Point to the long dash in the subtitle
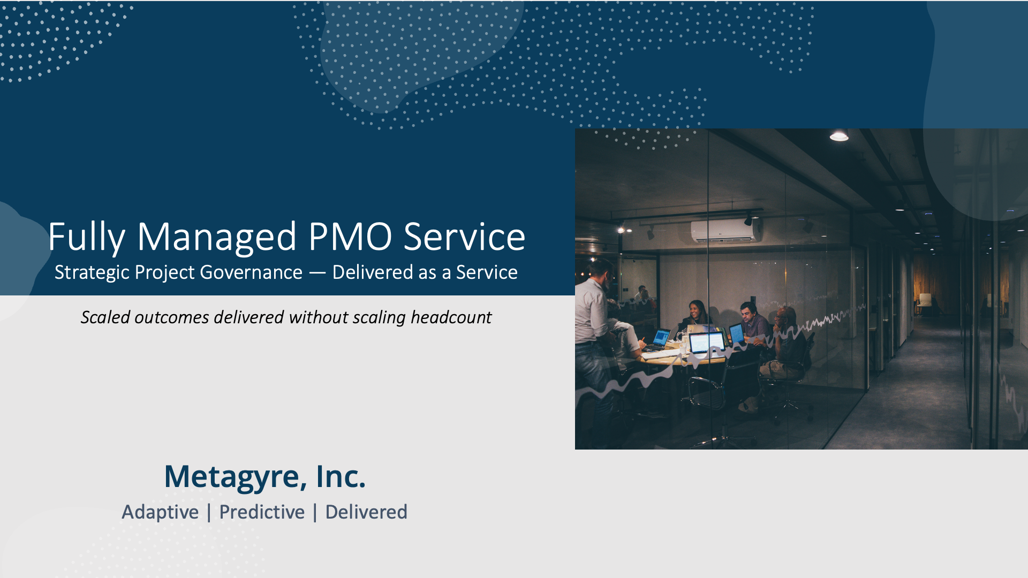coord(317,272)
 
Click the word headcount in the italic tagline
coord(451,317)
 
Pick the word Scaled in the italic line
coord(105,317)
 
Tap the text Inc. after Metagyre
coord(341,476)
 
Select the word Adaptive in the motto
coord(160,512)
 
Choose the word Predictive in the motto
coord(262,512)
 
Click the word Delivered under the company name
coord(366,512)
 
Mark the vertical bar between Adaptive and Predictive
coord(209,512)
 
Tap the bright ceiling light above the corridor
coord(839,136)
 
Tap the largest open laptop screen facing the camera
coord(707,343)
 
